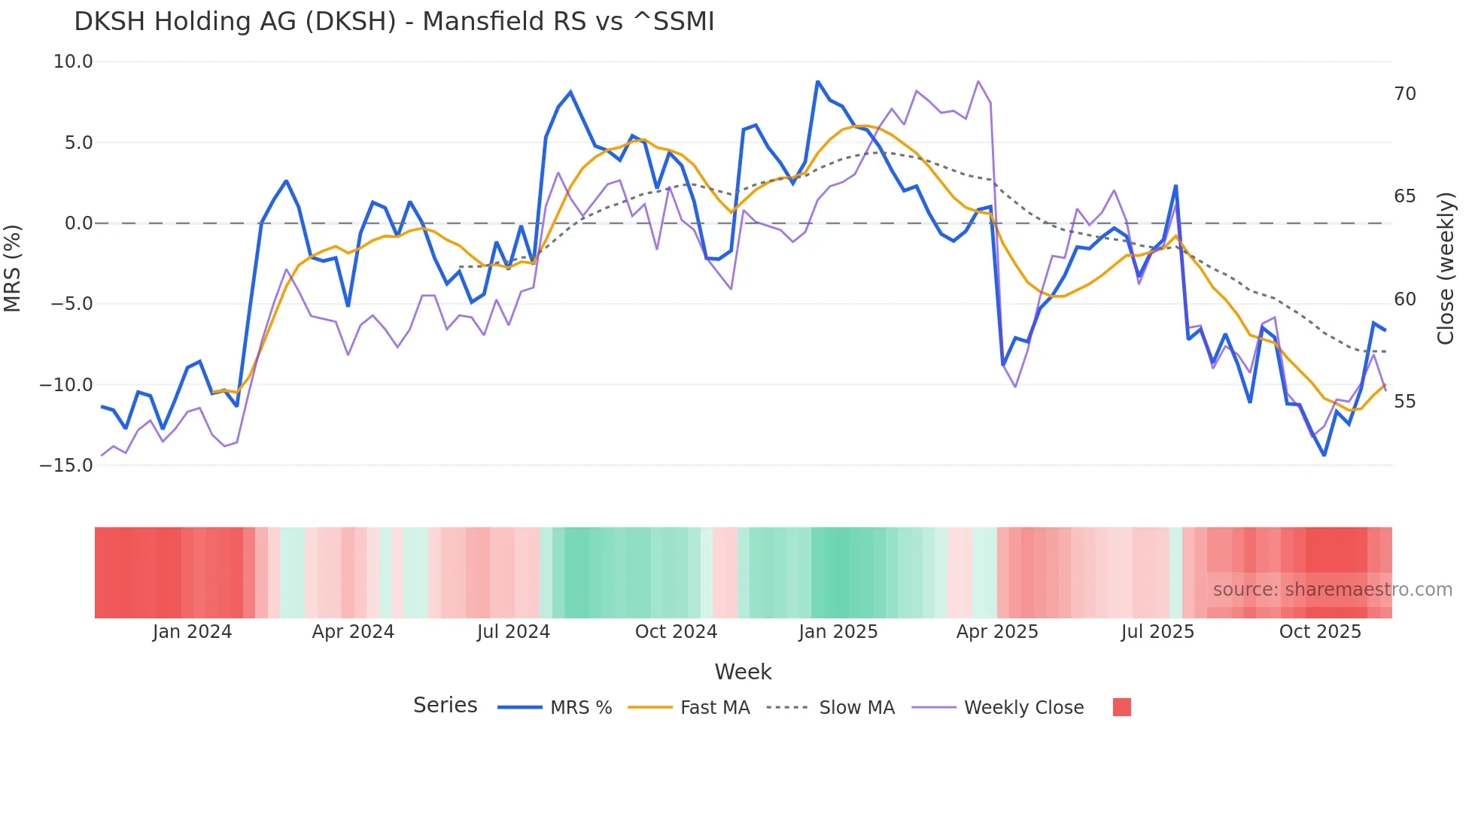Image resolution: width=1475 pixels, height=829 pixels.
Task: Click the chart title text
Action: coord(394,22)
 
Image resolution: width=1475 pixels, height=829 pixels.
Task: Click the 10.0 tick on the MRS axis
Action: coord(73,62)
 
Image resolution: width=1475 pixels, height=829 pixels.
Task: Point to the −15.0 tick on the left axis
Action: coord(66,466)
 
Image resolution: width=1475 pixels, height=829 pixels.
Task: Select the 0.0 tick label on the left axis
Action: coord(78,223)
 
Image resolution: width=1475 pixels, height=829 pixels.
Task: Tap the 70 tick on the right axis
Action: coord(1404,94)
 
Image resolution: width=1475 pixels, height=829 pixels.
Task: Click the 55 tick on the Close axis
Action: coord(1404,402)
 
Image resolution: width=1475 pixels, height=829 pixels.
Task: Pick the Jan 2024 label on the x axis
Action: coord(192,632)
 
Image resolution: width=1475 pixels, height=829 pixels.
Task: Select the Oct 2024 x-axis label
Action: coord(676,632)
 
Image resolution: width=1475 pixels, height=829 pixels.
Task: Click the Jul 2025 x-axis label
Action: coord(1157,632)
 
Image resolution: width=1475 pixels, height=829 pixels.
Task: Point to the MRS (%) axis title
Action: coord(13,268)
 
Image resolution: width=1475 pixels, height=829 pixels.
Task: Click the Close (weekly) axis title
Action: coord(1446,269)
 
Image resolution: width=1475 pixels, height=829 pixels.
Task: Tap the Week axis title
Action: coord(743,672)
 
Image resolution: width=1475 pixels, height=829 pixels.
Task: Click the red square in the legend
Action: coord(1121,707)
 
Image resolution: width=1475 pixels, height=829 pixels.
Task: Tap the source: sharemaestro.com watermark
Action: coord(1332,590)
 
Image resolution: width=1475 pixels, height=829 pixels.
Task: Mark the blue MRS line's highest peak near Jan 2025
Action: coord(817,81)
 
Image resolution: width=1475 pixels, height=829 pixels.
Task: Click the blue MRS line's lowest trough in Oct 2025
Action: coord(1324,455)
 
